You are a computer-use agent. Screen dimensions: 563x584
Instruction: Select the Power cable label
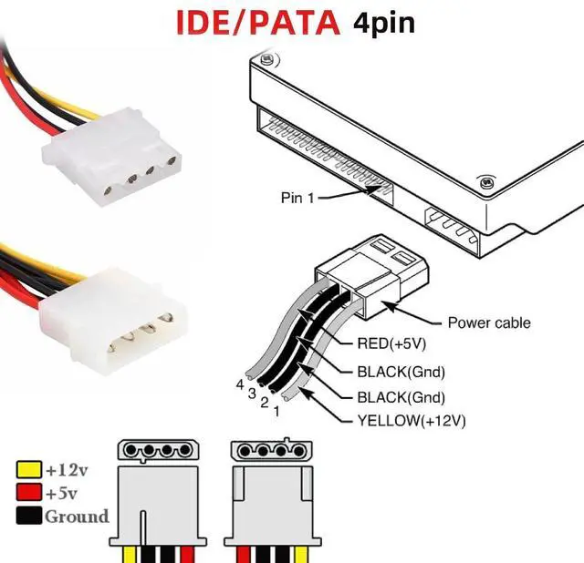(x=488, y=322)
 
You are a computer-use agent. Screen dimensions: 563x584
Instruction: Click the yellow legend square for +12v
(x=28, y=470)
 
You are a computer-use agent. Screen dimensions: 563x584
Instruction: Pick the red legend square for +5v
(x=28, y=494)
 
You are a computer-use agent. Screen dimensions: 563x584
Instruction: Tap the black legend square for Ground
(x=28, y=517)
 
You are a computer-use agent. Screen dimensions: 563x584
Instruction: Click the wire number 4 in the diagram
(x=240, y=384)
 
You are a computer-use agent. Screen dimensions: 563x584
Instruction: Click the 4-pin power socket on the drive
(x=453, y=227)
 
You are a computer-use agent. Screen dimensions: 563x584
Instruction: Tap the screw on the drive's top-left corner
(x=266, y=61)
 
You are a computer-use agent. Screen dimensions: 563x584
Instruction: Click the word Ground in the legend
(x=77, y=517)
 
